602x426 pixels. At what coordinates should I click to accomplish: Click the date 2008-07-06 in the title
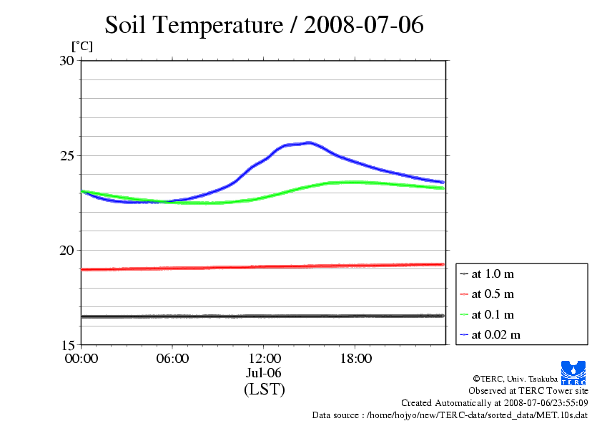pos(364,25)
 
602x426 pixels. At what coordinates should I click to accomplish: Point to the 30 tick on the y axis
pos(66,61)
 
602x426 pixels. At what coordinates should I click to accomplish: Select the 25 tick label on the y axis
pos(66,155)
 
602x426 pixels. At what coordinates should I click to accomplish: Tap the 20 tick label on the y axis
pos(66,250)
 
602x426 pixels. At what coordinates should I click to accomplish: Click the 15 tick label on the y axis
pos(66,344)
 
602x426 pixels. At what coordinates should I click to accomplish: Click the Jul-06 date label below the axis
pos(264,373)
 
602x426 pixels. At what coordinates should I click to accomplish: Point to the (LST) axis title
pos(264,389)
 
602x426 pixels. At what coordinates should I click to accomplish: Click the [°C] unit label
pos(82,47)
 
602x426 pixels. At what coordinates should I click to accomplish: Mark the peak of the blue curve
pos(309,142)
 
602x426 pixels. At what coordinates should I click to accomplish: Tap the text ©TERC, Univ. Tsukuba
pos(515,379)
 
